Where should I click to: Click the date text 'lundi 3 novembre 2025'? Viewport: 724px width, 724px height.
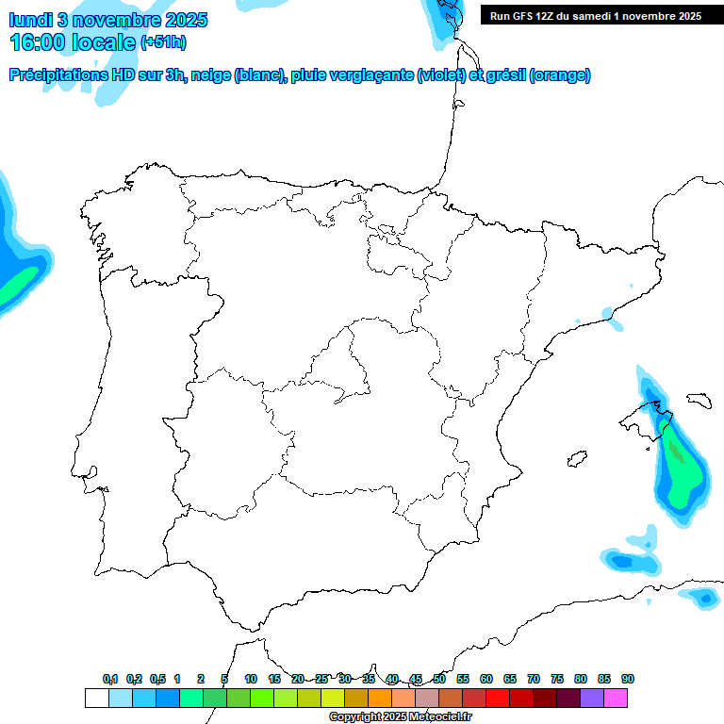[x=108, y=20]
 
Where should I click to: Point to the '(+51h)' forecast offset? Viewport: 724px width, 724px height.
[x=164, y=42]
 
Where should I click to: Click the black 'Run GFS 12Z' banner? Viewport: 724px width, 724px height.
[x=595, y=15]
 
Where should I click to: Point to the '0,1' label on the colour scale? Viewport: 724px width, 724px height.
[x=110, y=680]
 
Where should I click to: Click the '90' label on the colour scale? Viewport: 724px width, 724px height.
[x=628, y=680]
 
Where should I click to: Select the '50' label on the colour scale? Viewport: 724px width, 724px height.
[x=439, y=680]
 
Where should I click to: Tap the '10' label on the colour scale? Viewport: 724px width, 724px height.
[x=251, y=680]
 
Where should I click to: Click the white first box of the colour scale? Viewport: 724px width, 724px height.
[x=96, y=698]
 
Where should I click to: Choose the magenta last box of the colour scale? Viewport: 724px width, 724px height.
[x=616, y=698]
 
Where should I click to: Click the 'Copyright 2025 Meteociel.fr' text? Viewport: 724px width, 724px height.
[x=400, y=717]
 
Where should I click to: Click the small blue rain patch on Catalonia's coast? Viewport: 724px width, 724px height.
[x=614, y=321]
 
